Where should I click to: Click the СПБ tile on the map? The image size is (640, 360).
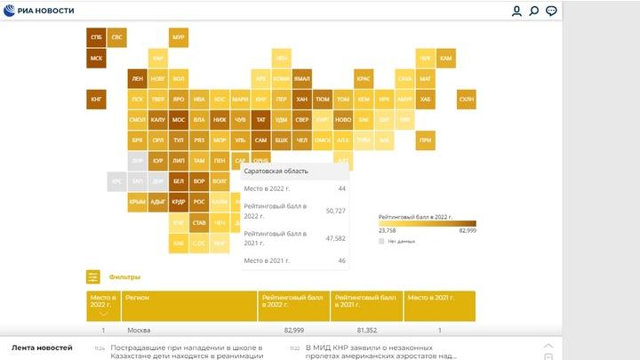[96, 37]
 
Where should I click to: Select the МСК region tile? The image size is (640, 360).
[96, 59]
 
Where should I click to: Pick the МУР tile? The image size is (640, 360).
[178, 37]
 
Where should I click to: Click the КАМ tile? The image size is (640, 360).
[446, 59]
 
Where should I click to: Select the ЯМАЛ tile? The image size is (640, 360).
[302, 79]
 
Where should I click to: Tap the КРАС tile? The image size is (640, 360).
[364, 79]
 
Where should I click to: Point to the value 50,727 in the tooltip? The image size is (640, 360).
[335, 211]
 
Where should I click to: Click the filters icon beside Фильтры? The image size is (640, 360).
[93, 277]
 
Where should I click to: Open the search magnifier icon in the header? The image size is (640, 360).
[534, 11]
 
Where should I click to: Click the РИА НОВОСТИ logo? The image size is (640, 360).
[43, 11]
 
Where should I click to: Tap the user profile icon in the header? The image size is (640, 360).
[516, 11]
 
